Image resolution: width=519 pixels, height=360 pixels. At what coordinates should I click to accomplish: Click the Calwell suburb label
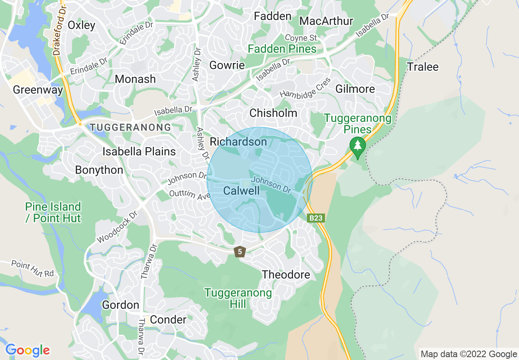(x=241, y=191)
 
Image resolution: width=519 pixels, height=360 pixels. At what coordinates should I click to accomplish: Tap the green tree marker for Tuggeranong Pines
(x=358, y=146)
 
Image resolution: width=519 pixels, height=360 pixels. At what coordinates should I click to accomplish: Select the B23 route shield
(x=316, y=218)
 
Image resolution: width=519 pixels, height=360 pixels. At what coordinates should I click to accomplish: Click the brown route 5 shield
(x=240, y=252)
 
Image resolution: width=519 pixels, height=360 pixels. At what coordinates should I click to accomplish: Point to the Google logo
(x=27, y=350)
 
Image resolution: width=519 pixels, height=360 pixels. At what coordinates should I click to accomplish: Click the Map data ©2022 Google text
(x=469, y=354)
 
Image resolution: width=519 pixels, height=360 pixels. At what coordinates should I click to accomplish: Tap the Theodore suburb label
(x=286, y=274)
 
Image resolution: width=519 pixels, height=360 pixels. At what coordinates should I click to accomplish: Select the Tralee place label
(x=422, y=67)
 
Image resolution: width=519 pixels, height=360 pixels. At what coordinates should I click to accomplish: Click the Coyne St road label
(x=301, y=38)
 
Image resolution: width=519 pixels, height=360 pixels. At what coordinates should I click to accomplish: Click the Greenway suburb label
(x=38, y=90)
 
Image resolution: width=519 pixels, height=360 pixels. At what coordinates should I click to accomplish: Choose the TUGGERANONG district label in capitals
(x=130, y=128)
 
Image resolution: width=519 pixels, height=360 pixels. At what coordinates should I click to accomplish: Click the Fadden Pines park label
(x=282, y=49)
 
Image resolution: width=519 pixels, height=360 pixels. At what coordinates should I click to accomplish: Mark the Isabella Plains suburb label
(x=139, y=151)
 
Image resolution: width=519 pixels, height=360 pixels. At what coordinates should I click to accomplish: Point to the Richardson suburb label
(x=238, y=142)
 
